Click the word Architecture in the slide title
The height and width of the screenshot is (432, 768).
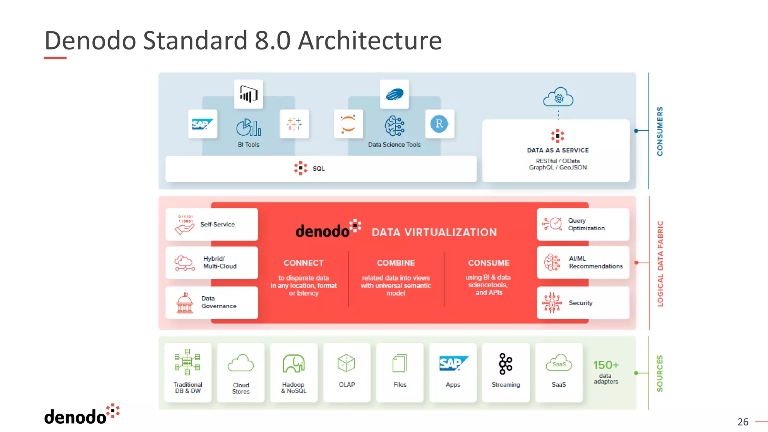370,40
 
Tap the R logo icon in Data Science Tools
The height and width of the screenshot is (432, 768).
439,124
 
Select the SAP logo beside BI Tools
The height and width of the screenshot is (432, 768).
202,124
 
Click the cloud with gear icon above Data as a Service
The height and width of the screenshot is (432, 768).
558,97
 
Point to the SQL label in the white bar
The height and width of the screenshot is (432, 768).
318,169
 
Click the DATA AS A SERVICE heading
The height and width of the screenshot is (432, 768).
558,150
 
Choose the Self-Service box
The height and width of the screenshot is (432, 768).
212,224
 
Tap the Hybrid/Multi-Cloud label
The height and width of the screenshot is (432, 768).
220,262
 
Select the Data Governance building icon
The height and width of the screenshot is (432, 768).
184,303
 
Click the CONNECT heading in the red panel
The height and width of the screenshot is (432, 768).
303,263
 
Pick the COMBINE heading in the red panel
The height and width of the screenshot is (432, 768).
396,263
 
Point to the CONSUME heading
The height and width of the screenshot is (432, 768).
489,263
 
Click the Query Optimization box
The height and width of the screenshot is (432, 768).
583,224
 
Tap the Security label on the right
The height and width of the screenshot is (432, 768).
580,303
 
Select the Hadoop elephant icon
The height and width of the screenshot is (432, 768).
294,363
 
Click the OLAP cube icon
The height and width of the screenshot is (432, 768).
346,363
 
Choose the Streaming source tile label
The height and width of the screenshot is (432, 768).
505,385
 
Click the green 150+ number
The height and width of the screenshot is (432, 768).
606,365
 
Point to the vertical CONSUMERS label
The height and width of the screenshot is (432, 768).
660,131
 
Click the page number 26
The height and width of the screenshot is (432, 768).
742,422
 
